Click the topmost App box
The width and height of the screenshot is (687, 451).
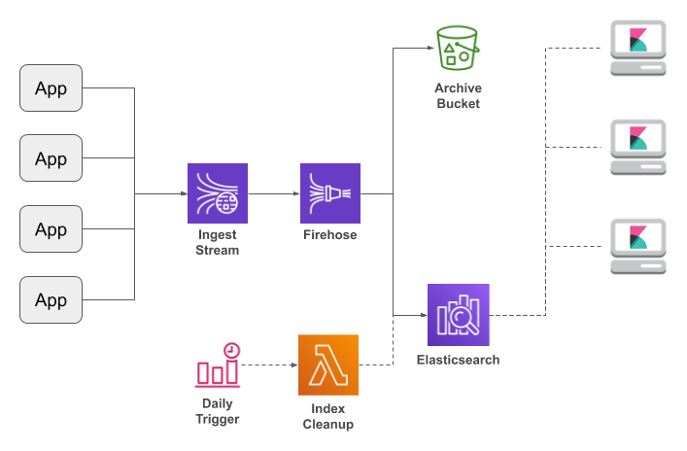(52, 88)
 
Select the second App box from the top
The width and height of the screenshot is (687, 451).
(52, 158)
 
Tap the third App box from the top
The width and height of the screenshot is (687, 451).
(52, 229)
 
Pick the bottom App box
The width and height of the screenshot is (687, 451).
(52, 299)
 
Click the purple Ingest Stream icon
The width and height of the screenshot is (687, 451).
(218, 193)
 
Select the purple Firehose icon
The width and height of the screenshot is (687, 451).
(330, 193)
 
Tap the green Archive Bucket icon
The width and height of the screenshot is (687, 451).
(457, 49)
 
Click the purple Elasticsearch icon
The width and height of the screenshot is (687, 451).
(458, 315)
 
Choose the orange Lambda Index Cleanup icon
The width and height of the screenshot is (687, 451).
(327, 364)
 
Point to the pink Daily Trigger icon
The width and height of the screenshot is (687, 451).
(218, 365)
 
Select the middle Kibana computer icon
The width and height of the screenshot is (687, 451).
(637, 147)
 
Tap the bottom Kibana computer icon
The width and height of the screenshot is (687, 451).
(637, 245)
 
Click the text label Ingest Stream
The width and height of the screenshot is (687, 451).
(218, 242)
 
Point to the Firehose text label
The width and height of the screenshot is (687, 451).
(330, 235)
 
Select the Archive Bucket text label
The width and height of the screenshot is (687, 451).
(457, 96)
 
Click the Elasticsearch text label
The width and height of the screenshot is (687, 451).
(458, 360)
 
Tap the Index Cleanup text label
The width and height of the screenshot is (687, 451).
(327, 417)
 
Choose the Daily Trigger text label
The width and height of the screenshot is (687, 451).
(218, 411)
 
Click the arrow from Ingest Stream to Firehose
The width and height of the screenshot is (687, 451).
(274, 193)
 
